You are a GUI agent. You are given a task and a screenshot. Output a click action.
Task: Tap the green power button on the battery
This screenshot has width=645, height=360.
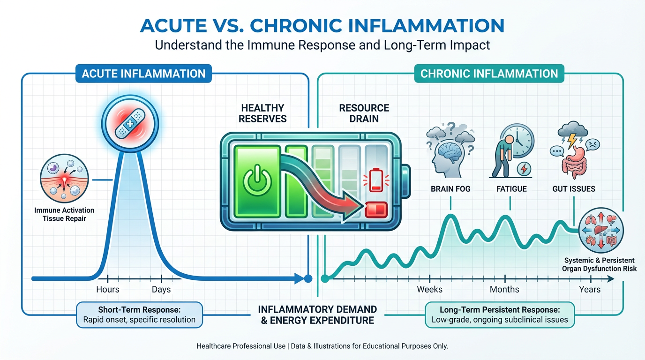(255, 181)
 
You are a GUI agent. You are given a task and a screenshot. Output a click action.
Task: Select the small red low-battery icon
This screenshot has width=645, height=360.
(375, 181)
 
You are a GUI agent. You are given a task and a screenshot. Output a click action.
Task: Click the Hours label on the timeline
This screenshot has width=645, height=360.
(107, 289)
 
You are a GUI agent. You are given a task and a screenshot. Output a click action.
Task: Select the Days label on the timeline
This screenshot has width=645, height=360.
(161, 289)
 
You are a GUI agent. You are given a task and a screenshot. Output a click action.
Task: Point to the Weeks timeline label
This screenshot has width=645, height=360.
(429, 289)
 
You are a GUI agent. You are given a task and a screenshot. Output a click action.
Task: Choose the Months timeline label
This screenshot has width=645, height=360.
(504, 289)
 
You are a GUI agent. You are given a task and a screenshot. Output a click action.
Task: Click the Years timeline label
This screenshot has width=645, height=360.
(590, 289)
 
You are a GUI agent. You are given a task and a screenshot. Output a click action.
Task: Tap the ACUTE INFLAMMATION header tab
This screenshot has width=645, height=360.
(143, 74)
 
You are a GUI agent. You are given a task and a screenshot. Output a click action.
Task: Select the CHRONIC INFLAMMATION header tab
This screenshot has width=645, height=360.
(489, 74)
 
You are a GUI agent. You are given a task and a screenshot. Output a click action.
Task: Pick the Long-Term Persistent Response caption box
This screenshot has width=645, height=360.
(499, 315)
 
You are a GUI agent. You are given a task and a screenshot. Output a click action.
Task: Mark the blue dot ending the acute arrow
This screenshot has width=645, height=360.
(308, 278)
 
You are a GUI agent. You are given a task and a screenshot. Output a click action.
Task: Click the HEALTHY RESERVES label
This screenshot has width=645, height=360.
(262, 113)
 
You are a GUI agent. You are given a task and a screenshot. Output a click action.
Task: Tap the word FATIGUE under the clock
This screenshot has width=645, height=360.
(511, 189)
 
